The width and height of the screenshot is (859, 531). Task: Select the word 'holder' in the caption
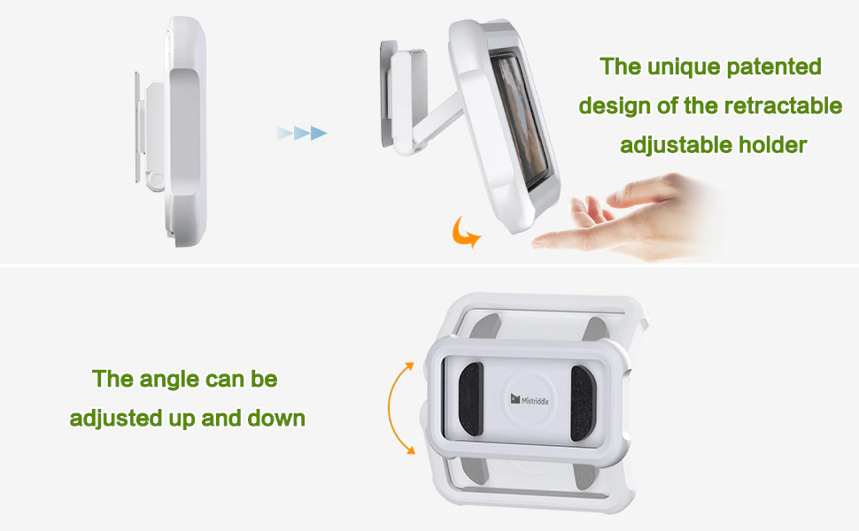click(x=772, y=145)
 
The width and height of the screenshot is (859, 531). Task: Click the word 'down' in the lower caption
click(x=276, y=419)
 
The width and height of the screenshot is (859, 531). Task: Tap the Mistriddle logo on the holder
click(x=530, y=400)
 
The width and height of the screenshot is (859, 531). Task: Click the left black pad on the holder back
click(x=470, y=398)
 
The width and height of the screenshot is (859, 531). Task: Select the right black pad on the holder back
click(x=582, y=403)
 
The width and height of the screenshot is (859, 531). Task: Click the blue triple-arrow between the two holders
click(x=302, y=133)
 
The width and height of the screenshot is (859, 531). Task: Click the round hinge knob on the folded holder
click(x=157, y=181)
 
